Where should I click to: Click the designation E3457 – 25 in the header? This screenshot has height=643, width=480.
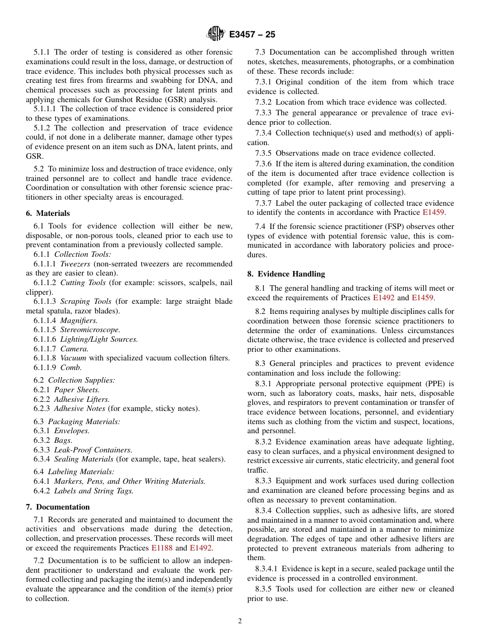(252, 35)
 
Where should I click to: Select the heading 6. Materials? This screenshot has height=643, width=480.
(48, 213)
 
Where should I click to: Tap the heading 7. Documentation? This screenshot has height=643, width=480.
(58, 507)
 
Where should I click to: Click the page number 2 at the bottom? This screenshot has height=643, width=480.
(240, 621)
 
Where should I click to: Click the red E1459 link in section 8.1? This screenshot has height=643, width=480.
(422, 298)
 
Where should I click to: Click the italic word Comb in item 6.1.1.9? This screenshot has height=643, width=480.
(71, 368)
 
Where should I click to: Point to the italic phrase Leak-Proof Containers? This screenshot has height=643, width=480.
(93, 449)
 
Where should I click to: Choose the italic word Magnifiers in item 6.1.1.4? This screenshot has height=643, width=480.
(79, 320)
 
